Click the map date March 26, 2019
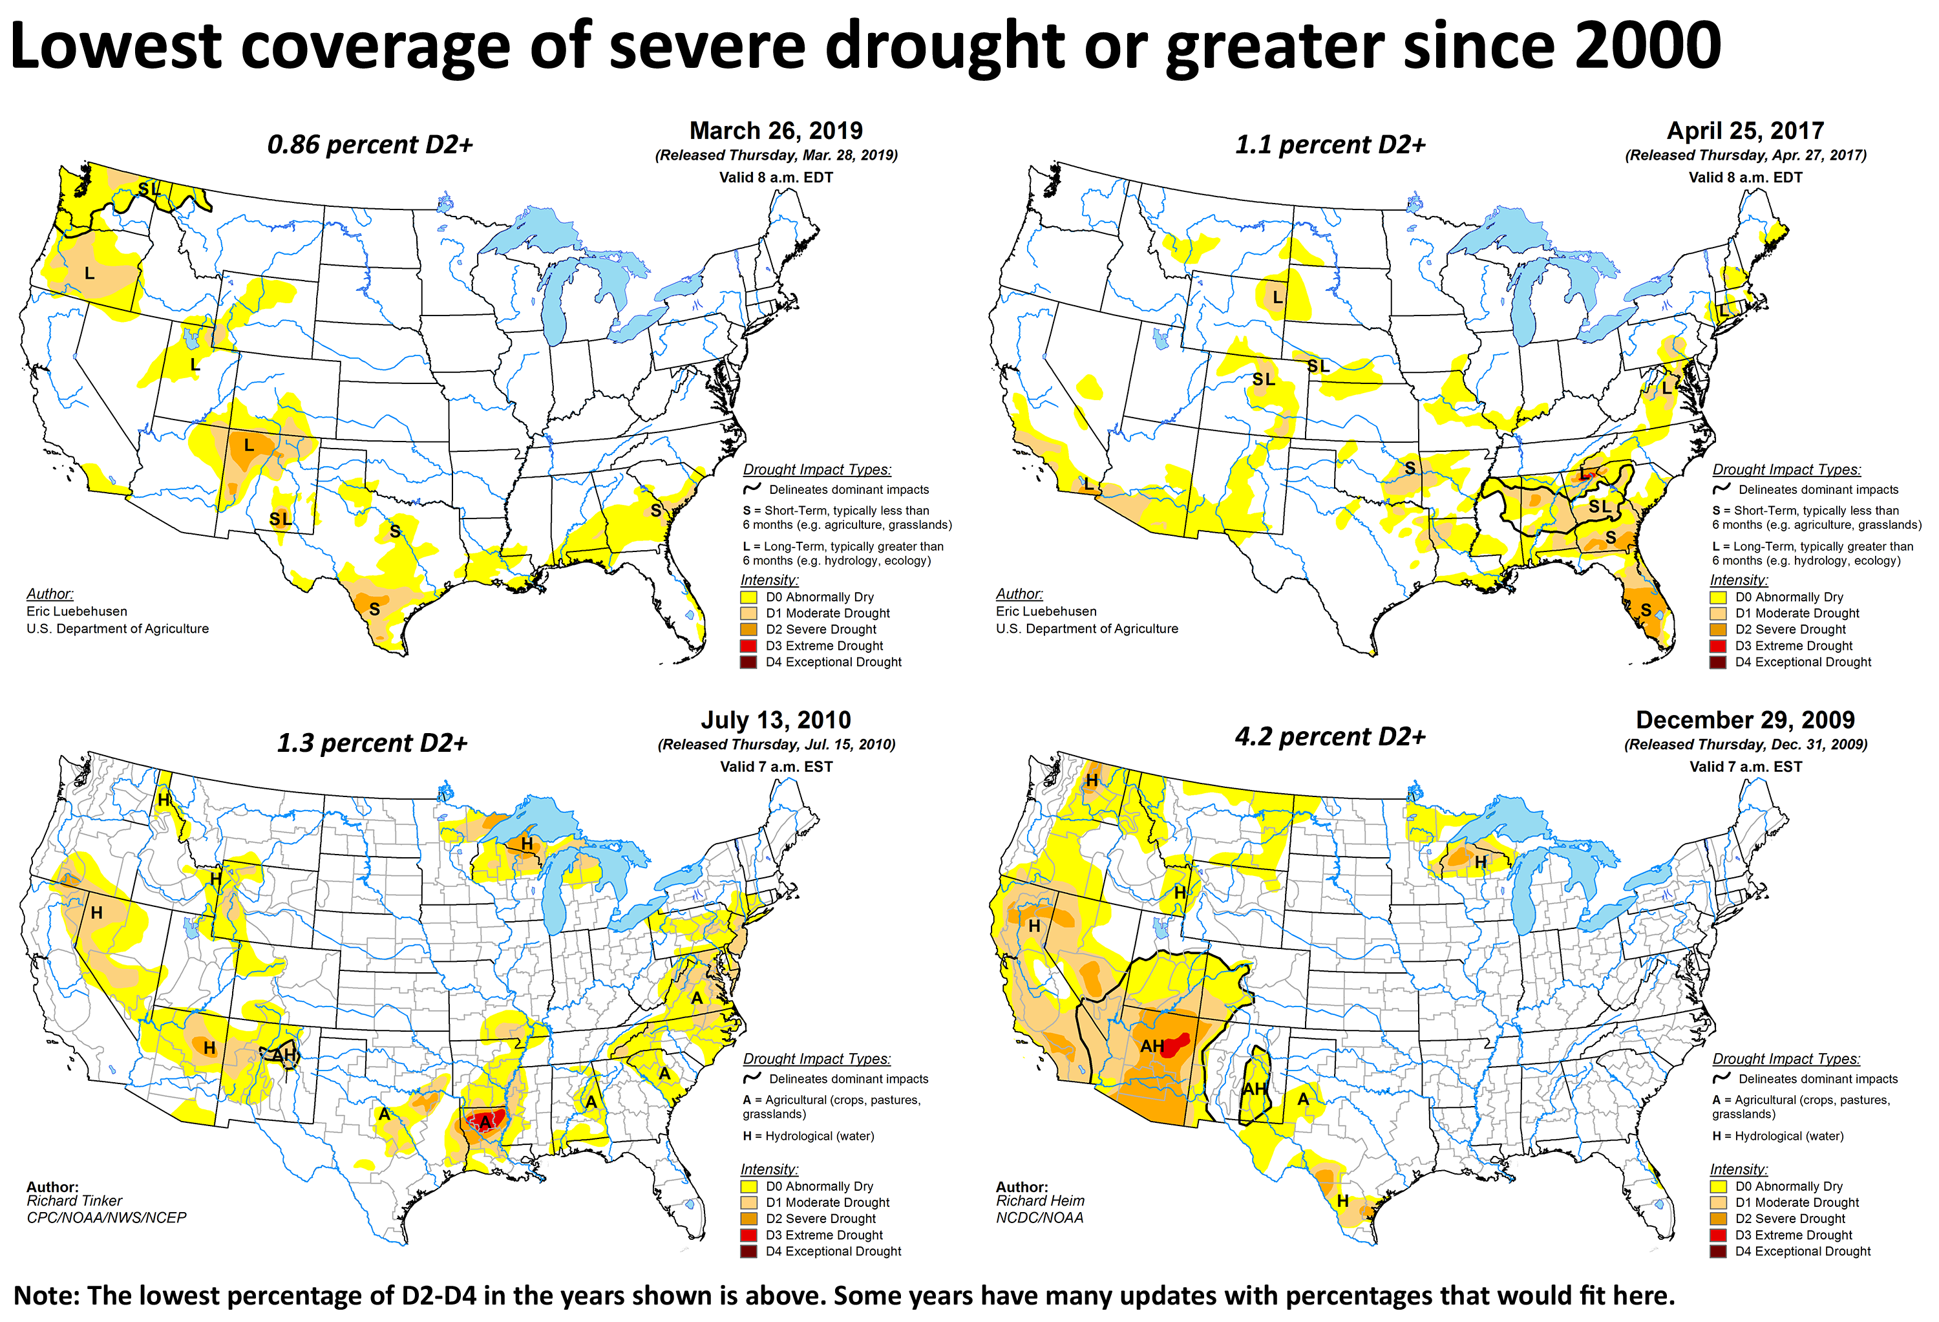pyautogui.click(x=776, y=131)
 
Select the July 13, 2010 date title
pyautogui.click(x=776, y=720)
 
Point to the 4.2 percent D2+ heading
pyautogui.click(x=1330, y=737)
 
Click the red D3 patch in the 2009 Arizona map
pyautogui.click(x=1176, y=1044)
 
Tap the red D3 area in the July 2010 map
pyautogui.click(x=485, y=1119)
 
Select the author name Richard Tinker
pyautogui.click(x=74, y=1201)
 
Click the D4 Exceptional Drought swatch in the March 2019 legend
pyautogui.click(x=748, y=662)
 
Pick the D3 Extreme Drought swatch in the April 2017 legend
pyautogui.click(x=1718, y=646)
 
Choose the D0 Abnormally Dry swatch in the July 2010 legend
pyautogui.click(x=748, y=1186)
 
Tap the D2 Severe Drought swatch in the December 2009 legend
pyautogui.click(x=1718, y=1219)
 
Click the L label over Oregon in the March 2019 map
pyautogui.click(x=89, y=273)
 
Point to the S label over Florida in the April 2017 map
pyautogui.click(x=1646, y=610)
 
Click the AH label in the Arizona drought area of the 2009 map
pyautogui.click(x=1152, y=1047)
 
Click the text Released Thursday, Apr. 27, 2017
pyautogui.click(x=1746, y=155)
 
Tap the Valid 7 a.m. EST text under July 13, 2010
pyautogui.click(x=776, y=767)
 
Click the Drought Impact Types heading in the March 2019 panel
pyautogui.click(x=817, y=470)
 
